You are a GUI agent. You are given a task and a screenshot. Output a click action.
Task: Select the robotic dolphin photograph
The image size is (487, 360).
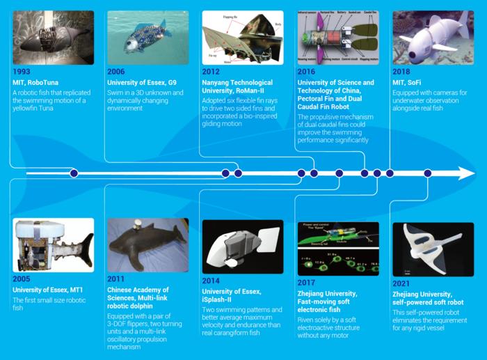[147, 245]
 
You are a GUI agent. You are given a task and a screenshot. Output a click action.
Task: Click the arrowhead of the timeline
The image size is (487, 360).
[466, 173]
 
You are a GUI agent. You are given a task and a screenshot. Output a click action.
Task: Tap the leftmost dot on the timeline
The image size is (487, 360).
[74, 173]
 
